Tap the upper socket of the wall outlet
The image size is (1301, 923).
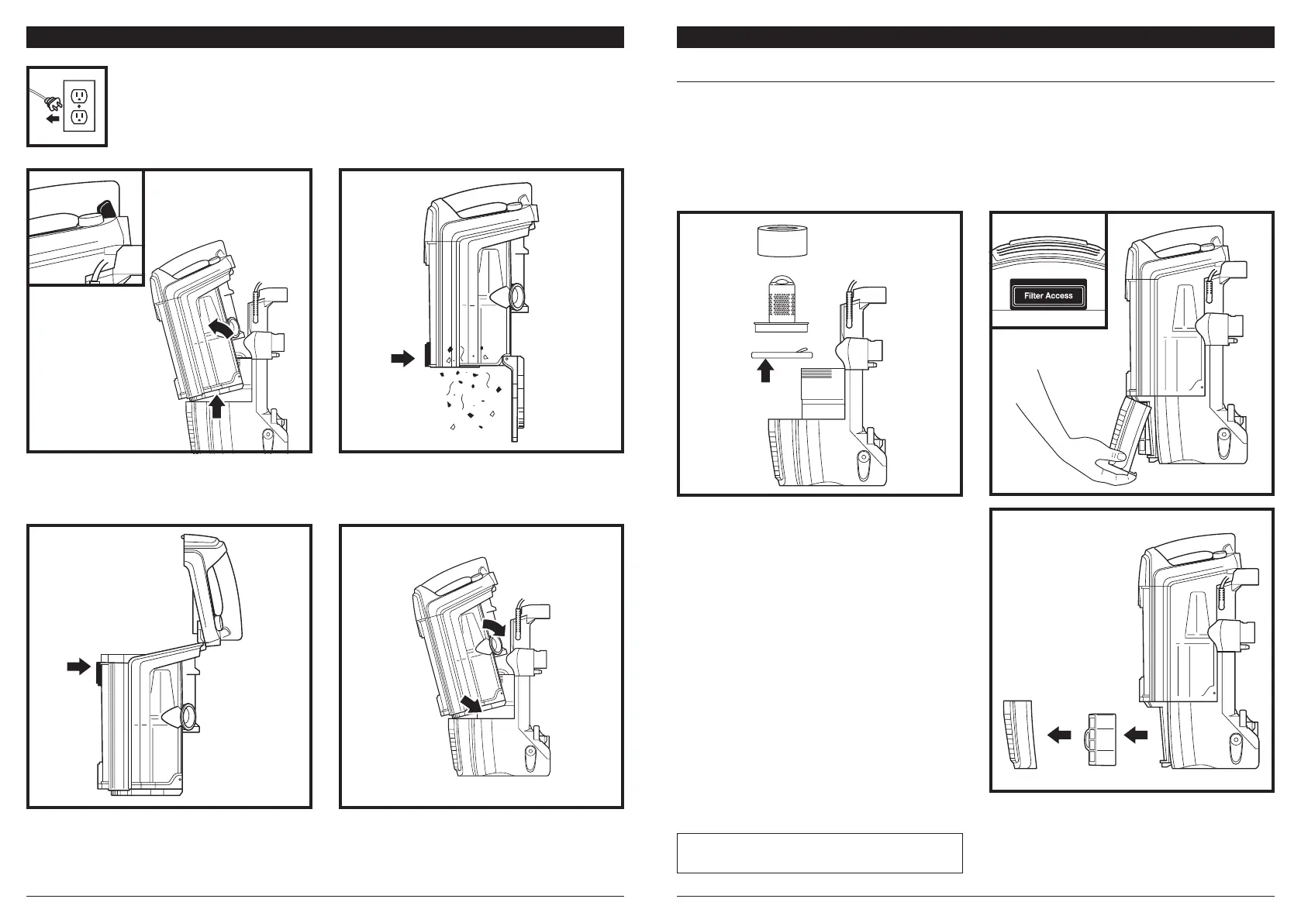click(78, 95)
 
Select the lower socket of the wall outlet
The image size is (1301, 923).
click(78, 118)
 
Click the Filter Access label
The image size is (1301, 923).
click(1048, 295)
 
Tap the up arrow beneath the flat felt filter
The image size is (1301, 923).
click(765, 372)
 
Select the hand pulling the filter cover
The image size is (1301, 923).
click(1078, 434)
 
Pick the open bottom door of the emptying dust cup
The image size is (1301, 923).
click(513, 399)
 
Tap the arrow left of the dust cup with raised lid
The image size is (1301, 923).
click(78, 666)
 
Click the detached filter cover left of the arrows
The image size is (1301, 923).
click(1015, 735)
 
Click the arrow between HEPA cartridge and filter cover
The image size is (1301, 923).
click(1058, 735)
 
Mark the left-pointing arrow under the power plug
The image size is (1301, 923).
click(51, 119)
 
